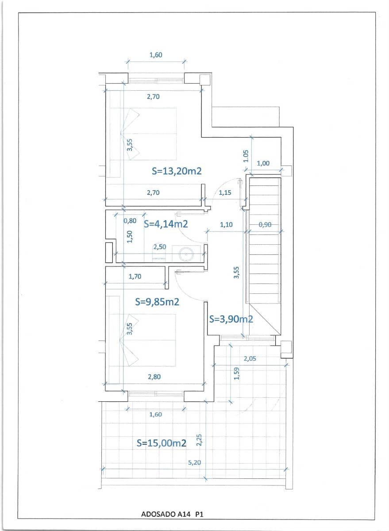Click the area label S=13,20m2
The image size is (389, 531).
[x=177, y=171]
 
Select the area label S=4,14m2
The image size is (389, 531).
[x=166, y=224]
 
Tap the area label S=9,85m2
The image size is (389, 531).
[x=157, y=302]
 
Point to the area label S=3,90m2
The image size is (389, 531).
[x=231, y=319]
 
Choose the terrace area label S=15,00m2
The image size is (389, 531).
[x=161, y=443]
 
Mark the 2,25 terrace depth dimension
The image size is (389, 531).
[x=199, y=440]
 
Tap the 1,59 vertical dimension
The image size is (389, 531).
[x=237, y=373]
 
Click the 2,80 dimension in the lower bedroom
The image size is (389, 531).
[x=154, y=377]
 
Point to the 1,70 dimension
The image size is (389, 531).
[x=135, y=277]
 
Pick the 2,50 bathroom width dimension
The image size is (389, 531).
[x=159, y=247]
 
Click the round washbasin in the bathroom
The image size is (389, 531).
[x=184, y=254]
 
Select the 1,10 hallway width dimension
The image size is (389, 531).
[x=226, y=225]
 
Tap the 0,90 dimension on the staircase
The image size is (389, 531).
[x=265, y=225]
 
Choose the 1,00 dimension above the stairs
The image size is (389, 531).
[x=263, y=163]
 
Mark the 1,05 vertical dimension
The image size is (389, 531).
[x=246, y=155]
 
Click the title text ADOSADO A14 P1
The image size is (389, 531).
[x=172, y=514]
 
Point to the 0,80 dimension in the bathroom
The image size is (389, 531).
[x=130, y=220]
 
